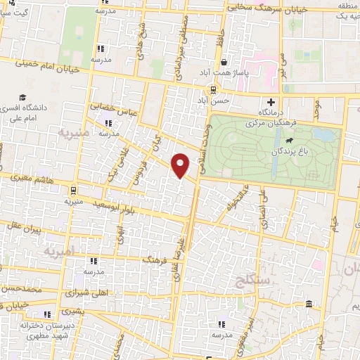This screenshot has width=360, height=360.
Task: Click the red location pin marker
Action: tap(181, 165)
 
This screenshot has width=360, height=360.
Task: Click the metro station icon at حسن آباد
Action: tap(213, 89)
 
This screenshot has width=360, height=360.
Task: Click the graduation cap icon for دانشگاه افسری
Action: tap(23, 97)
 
